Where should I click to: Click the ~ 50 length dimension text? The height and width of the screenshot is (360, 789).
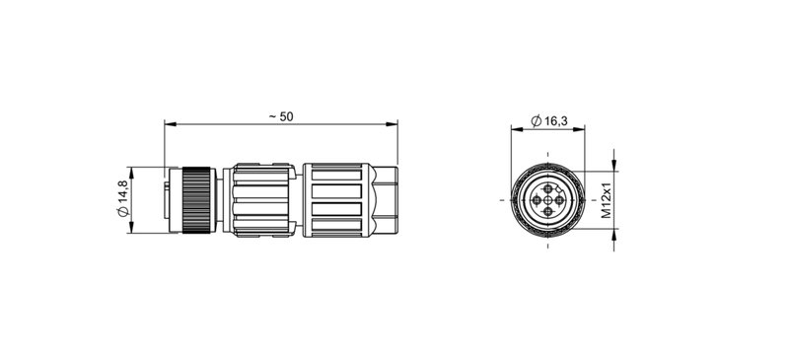click(281, 116)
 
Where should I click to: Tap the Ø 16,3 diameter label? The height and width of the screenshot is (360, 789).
click(548, 121)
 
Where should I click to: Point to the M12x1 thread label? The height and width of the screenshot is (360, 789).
click(608, 200)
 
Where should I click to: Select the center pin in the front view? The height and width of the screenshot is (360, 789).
click(548, 200)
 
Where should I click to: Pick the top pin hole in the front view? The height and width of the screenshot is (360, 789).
click(548, 187)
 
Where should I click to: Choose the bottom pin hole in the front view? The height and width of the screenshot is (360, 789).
click(548, 213)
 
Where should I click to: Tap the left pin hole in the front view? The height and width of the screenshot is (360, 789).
click(536, 200)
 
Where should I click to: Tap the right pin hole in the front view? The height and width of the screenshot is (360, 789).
click(561, 200)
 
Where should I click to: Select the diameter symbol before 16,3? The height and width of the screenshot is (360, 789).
click(534, 121)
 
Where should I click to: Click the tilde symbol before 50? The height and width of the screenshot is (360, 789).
click(271, 116)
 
